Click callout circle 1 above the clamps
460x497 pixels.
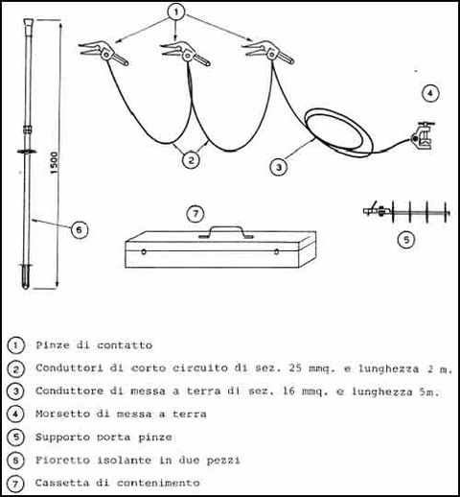tap(176, 12)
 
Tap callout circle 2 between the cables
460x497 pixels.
tap(191, 159)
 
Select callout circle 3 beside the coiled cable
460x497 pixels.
tap(279, 167)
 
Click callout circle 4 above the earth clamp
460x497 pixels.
tap(430, 93)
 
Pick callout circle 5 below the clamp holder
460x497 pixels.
tap(406, 239)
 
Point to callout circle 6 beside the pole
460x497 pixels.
tap(79, 229)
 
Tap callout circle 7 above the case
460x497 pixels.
tap(195, 214)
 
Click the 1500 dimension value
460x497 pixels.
tap(55, 163)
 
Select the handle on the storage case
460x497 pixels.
tap(226, 232)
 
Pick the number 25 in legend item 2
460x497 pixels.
tap(295, 368)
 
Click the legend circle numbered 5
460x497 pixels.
tap(15, 438)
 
